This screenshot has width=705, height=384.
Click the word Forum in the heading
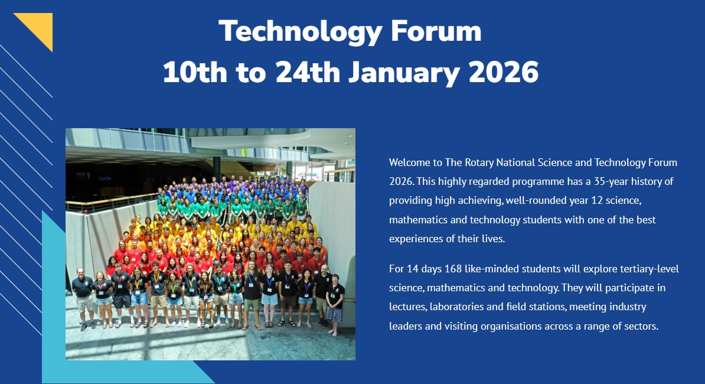pos(436,31)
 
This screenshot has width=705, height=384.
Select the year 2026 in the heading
pos(503,72)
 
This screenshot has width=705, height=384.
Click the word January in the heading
pos(404,73)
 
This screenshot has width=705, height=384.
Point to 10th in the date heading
pos(195,72)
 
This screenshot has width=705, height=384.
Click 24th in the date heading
pos(308,72)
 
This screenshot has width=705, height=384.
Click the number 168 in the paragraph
pos(453,269)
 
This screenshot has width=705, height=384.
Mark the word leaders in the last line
pos(406,326)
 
